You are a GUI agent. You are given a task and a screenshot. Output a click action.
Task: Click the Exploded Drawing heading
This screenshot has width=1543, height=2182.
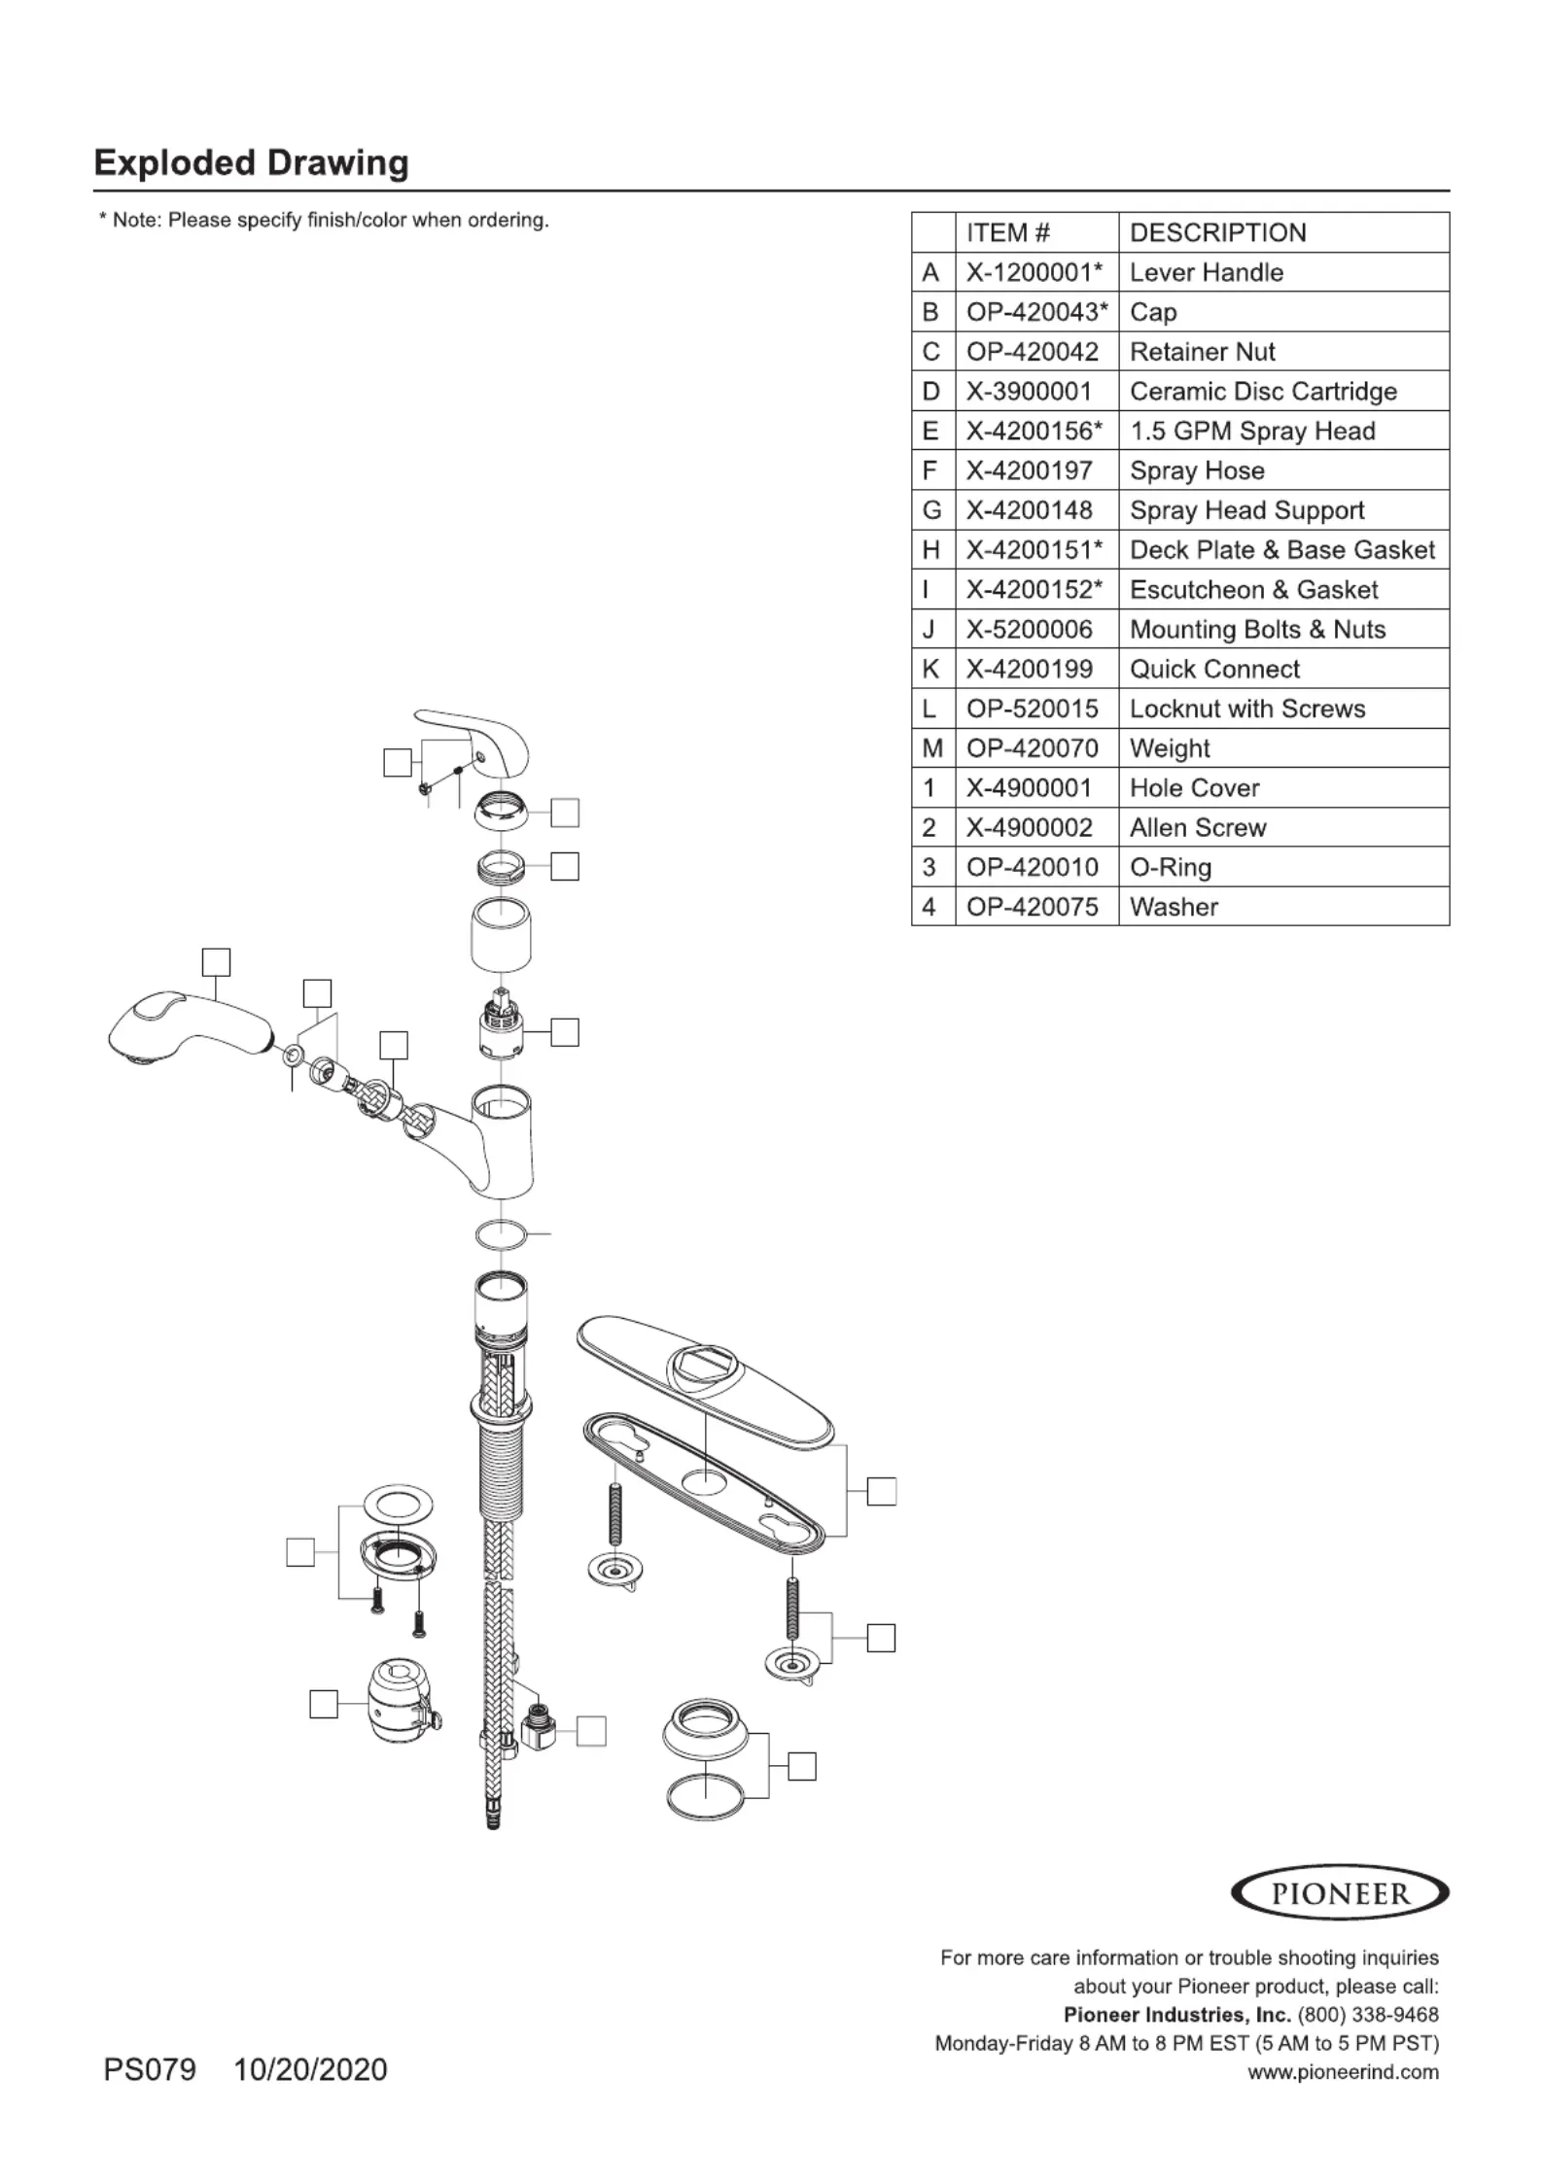coord(251,162)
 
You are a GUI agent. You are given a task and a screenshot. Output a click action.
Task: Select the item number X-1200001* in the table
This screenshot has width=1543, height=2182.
coord(1035,273)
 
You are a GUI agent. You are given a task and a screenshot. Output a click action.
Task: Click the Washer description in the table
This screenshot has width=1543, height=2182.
coord(1174,907)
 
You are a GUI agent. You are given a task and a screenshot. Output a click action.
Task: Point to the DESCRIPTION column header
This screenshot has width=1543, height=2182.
coord(1217,233)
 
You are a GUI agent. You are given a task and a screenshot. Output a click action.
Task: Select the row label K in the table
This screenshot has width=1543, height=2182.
coord(930,670)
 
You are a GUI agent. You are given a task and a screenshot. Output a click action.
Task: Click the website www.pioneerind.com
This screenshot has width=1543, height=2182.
coord(1343,2071)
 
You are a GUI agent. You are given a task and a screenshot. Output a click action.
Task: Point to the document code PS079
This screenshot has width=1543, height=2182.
coord(150,2069)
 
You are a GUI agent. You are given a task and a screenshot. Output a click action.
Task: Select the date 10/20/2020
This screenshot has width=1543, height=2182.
coord(310,2069)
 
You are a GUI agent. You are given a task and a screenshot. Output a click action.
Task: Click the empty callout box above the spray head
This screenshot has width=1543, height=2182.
coord(216,962)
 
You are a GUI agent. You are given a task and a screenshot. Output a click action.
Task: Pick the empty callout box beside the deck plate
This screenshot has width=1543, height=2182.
coord(882,1491)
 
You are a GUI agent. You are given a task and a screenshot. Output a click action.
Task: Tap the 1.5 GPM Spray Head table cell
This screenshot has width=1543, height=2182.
coord(1252,432)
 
